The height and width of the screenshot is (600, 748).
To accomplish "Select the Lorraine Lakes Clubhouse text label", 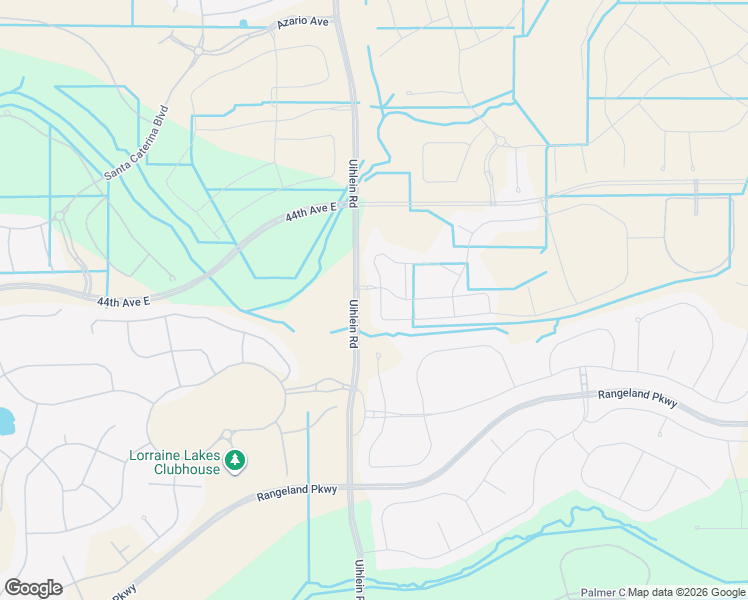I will (173, 462).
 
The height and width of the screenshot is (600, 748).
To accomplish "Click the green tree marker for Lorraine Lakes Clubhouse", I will (235, 460).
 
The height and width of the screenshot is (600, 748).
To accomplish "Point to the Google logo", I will (33, 588).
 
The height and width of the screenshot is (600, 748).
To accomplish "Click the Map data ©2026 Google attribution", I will (687, 592).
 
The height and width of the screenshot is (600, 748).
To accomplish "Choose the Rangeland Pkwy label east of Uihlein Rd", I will (638, 398).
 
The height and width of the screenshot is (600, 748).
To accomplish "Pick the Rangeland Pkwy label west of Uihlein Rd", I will (297, 492).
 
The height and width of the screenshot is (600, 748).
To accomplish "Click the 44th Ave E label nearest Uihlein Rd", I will (309, 213).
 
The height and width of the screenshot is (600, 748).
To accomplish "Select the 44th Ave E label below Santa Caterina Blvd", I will (123, 300).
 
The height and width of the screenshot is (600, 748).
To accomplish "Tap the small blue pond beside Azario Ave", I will (243, 23).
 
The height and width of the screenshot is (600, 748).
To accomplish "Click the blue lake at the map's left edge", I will (5, 421).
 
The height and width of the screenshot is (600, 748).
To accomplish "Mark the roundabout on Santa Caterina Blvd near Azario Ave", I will (198, 50).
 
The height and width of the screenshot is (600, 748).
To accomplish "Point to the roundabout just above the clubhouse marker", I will (227, 434).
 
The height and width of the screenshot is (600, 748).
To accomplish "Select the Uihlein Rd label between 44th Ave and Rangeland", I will (353, 322).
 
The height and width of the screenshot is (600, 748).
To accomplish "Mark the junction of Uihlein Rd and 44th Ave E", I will (353, 204).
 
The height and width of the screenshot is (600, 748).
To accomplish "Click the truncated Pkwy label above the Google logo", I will (123, 593).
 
